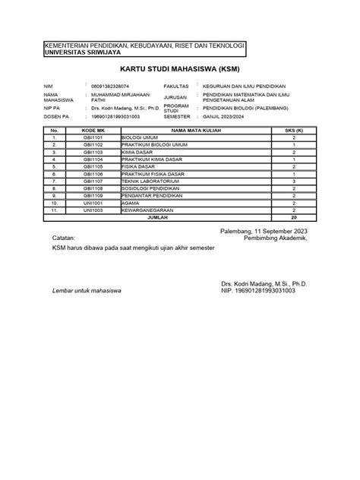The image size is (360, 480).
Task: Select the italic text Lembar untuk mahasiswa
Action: tap(88, 291)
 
